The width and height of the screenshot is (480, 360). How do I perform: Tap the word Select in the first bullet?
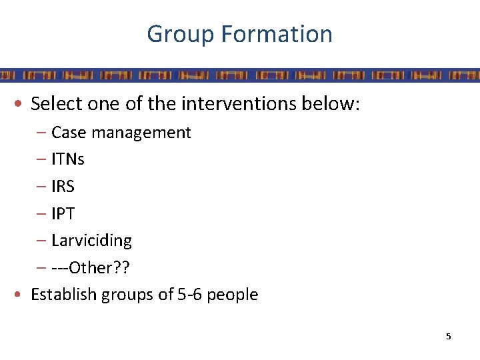tap(57, 104)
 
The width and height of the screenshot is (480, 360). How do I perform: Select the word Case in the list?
tap(69, 133)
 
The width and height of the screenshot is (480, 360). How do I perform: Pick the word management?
tap(141, 133)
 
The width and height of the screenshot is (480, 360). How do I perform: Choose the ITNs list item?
tap(68, 160)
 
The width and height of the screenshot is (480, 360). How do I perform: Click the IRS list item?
tap(63, 187)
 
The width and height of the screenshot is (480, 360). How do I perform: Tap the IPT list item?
tap(63, 214)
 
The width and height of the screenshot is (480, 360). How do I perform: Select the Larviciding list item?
tap(91, 241)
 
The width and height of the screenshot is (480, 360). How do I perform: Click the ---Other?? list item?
tap(91, 268)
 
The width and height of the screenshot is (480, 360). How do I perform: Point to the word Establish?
tap(63, 295)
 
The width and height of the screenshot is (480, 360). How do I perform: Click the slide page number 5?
tap(448, 337)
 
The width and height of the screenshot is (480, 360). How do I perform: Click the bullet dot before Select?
tap(22, 105)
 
